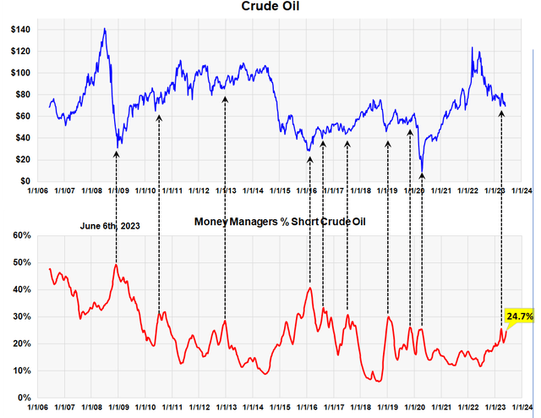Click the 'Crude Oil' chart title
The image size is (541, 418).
[x=270, y=8]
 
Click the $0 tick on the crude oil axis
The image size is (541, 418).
[x=25, y=181]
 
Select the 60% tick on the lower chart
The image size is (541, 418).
[x=19, y=236]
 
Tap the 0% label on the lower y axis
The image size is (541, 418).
[x=23, y=398]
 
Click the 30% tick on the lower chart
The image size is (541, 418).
[x=19, y=316]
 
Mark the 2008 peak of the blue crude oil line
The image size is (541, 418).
[x=104, y=29]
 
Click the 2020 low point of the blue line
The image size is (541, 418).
[x=422, y=168]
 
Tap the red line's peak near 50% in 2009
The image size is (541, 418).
[x=116, y=265]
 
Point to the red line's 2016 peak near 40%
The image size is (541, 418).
[x=310, y=289]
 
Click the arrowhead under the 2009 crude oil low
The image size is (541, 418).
[x=117, y=153]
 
